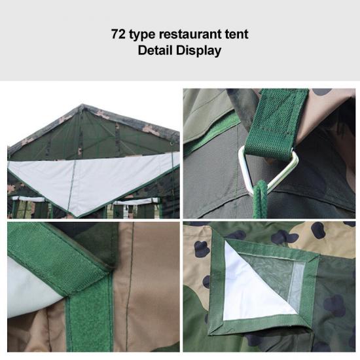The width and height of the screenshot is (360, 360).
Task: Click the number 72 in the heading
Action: [x=118, y=34]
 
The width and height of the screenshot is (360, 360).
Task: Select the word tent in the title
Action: [x=236, y=34]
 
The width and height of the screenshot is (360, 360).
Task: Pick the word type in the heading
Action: [x=142, y=35]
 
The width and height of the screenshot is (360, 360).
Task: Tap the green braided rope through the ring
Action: [x=260, y=198]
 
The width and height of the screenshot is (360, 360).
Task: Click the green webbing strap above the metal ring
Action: [x=277, y=124]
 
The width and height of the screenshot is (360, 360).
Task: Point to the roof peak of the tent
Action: [x=82, y=105]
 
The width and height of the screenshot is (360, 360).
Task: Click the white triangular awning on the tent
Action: [x=92, y=179]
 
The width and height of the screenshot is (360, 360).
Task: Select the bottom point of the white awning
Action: [x=77, y=216]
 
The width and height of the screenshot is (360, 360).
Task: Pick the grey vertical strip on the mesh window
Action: [x=295, y=287]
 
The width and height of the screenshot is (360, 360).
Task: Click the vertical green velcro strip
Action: [x=89, y=321]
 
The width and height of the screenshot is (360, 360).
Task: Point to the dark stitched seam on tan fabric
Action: [x=130, y=287]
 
